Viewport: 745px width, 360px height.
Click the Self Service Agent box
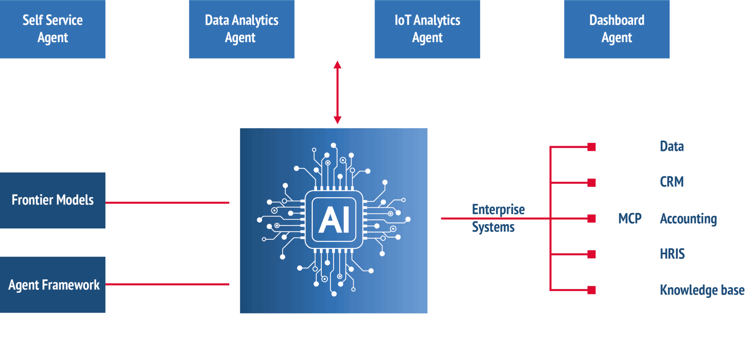(53, 29)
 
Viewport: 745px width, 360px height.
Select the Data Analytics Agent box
(241, 29)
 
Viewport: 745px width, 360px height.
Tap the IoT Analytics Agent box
(427, 29)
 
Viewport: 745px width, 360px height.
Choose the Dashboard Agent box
(617, 29)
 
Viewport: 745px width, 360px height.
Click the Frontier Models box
(53, 200)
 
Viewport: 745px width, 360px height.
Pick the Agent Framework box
(53, 285)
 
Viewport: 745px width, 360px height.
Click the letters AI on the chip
(334, 220)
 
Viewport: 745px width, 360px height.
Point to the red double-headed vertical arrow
(337, 92)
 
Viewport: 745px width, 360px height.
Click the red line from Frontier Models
(167, 203)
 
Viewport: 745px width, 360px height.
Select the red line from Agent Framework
(167, 284)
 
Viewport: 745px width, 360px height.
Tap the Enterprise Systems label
(498, 218)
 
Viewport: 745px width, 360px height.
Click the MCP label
(630, 219)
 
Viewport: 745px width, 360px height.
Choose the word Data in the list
(672, 147)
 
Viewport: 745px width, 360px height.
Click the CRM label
(672, 182)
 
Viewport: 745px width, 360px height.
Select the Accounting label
(688, 219)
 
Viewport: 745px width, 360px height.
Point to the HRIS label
(672, 254)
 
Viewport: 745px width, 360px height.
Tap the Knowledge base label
(702, 290)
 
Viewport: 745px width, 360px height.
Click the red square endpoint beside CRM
(592, 183)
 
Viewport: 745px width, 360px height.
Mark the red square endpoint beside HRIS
(592, 254)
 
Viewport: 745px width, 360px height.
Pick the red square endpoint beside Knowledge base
(592, 290)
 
